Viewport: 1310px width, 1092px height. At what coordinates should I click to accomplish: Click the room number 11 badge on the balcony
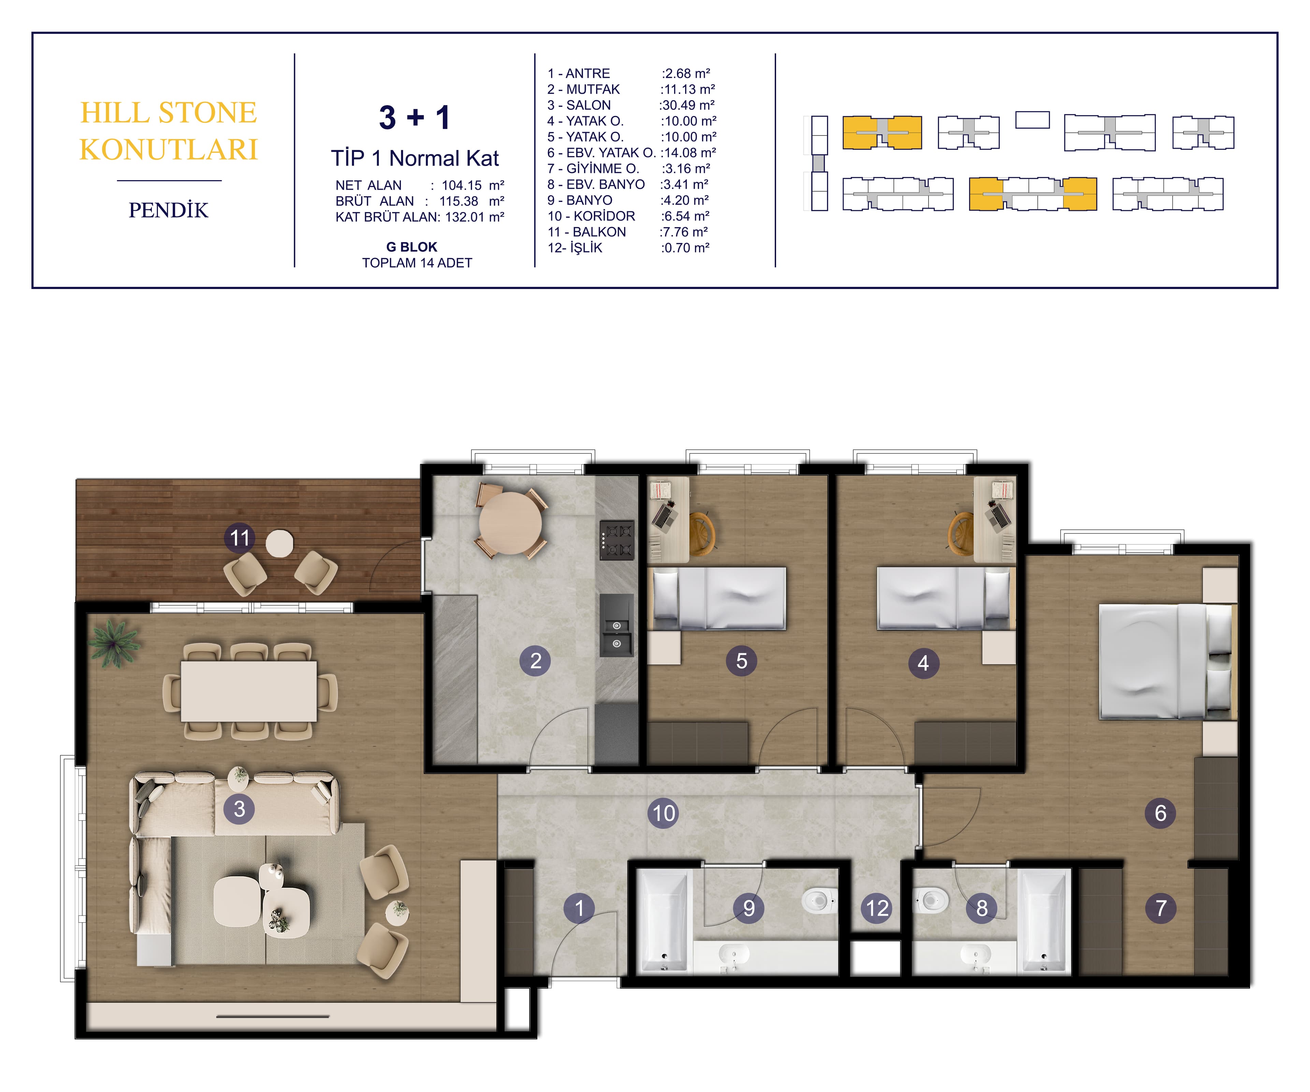pos(239,538)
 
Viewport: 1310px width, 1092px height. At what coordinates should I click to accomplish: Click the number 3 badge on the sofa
pos(239,809)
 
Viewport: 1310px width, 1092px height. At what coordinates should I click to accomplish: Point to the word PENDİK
pos(169,210)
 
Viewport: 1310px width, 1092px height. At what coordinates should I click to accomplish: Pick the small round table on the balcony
pos(279,544)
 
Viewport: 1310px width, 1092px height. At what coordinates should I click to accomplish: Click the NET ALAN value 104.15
pos(462,185)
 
